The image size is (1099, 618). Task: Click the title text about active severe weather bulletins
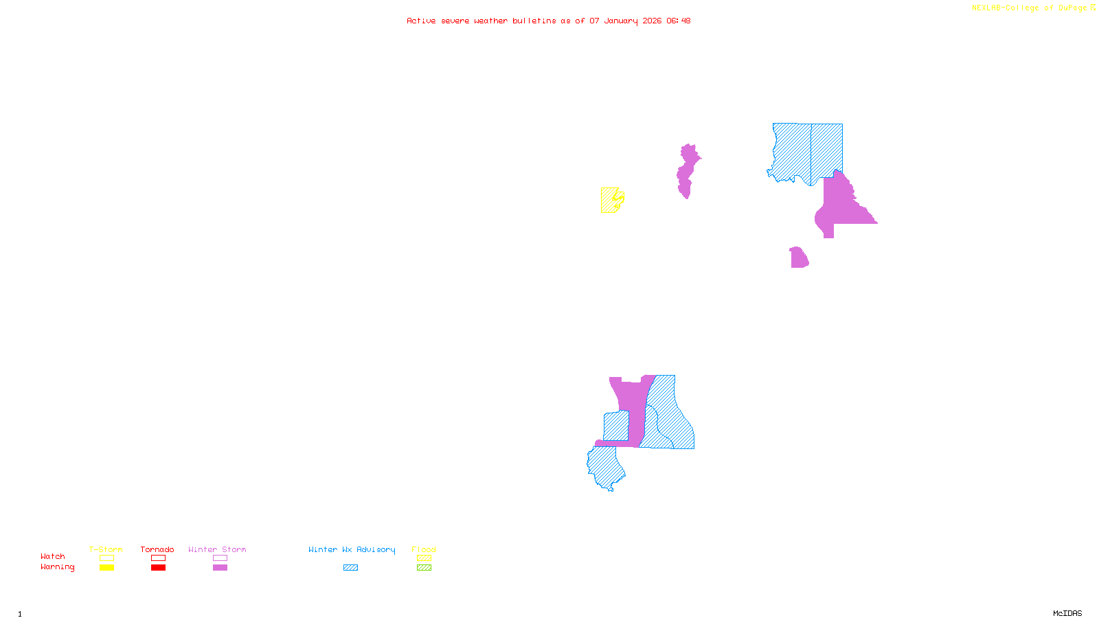click(548, 21)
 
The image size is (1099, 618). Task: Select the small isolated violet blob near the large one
click(798, 259)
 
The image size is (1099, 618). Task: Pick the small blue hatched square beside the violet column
click(616, 426)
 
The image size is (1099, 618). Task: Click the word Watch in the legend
click(53, 557)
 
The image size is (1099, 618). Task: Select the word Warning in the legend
click(57, 567)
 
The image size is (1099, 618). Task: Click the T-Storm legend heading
click(106, 549)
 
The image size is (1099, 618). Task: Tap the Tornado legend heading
click(157, 549)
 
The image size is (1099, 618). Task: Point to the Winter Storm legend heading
click(217, 549)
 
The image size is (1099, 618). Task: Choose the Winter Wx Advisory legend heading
click(352, 549)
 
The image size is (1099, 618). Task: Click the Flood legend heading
click(424, 549)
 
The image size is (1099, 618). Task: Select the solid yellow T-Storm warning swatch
click(106, 568)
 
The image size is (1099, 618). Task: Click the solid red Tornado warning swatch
click(158, 568)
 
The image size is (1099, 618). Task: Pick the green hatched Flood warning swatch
click(424, 568)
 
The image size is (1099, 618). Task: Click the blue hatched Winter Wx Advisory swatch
click(350, 568)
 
